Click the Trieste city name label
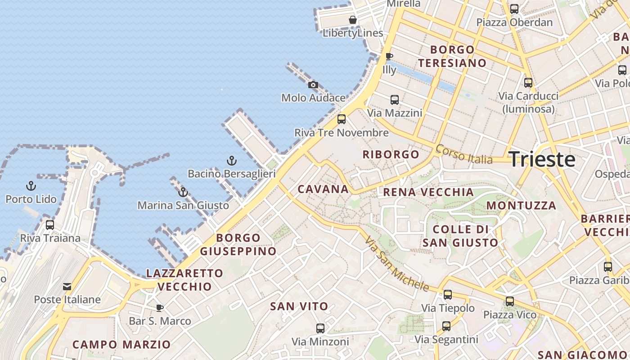[542, 160]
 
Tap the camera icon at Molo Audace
[313, 85]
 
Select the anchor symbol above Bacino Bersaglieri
[231, 161]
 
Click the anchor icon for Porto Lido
[31, 186]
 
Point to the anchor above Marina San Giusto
[183, 192]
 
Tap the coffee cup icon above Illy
[389, 56]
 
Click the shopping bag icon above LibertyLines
[353, 20]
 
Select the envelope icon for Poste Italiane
[67, 286]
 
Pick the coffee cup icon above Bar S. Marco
[159, 308]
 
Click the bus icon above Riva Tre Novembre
[342, 119]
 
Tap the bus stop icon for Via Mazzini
[395, 100]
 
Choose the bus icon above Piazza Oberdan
[514, 9]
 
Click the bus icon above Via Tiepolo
[448, 295]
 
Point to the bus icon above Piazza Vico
[510, 301]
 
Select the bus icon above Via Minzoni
[320, 328]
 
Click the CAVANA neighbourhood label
[323, 189]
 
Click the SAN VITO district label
[299, 306]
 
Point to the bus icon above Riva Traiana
[50, 225]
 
